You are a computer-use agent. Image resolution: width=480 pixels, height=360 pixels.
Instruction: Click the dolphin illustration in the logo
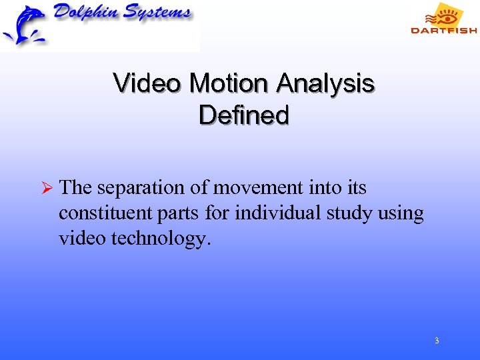click(24, 25)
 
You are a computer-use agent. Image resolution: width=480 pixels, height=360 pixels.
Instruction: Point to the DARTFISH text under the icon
click(443, 30)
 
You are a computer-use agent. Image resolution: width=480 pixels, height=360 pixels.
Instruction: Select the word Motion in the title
click(229, 84)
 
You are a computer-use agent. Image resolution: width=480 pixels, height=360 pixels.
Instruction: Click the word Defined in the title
click(244, 115)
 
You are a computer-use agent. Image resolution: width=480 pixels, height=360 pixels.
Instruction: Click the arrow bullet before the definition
click(45, 189)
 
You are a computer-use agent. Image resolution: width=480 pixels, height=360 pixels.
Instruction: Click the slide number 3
click(437, 341)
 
